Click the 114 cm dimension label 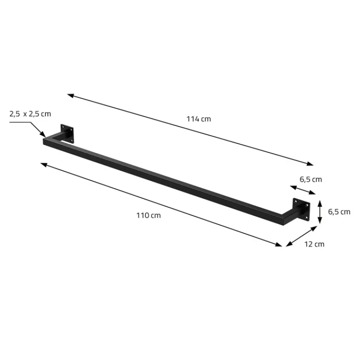point(198,119)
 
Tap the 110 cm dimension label point(148,216)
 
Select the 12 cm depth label point(314,244)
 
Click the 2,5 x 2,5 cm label point(30,114)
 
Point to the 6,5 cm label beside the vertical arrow point(339,211)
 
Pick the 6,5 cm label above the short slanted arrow point(311,179)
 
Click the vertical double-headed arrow point(319,211)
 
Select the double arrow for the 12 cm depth point(301,236)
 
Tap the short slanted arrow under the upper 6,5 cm point(302,190)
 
